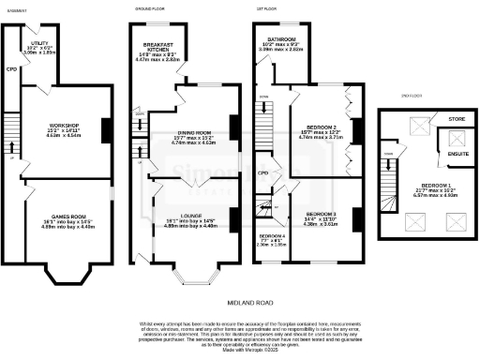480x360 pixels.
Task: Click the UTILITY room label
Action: [39, 43]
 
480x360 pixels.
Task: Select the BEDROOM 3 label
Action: [322, 214]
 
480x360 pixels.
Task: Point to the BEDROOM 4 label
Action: [272, 235]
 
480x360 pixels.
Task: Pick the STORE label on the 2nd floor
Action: [457, 119]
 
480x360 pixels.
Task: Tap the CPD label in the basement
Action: [11, 69]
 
